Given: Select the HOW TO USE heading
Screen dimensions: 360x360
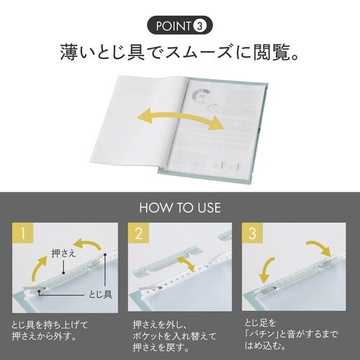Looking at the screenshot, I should [x=179, y=209].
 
